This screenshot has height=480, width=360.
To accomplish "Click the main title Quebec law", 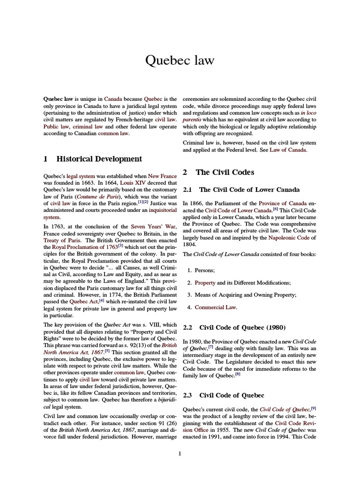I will (180, 60).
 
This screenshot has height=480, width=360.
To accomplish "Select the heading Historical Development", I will (99, 159).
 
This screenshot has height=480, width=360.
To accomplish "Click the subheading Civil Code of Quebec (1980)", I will (242, 327).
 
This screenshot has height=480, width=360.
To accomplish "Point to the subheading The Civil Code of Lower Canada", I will (249, 189).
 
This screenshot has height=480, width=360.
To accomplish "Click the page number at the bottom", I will (180, 453).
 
